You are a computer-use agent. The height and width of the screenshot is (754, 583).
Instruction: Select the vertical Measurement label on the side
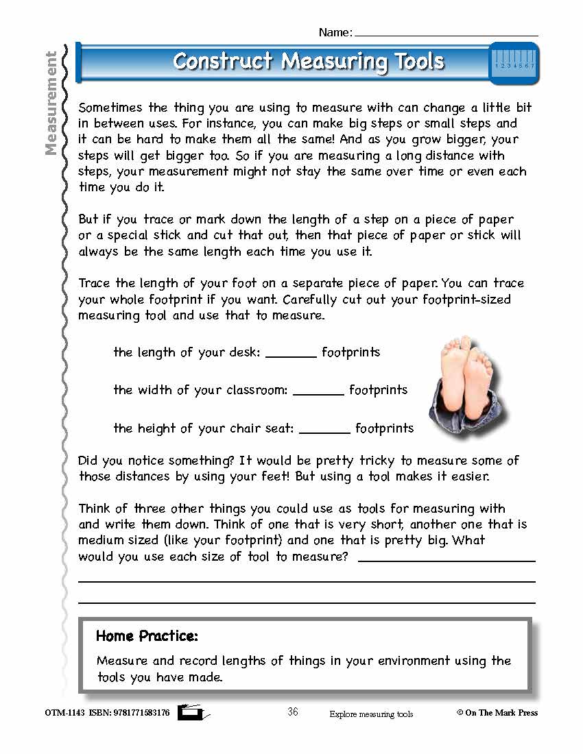click(x=51, y=104)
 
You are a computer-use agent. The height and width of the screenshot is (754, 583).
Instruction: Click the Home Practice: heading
click(x=147, y=636)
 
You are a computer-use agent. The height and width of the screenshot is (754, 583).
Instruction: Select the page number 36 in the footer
click(x=293, y=712)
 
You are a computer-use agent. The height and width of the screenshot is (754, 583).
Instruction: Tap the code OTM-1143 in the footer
click(x=64, y=713)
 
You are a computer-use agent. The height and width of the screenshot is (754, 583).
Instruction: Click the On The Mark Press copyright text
click(x=497, y=713)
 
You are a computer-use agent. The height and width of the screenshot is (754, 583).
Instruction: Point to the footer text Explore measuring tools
click(x=371, y=714)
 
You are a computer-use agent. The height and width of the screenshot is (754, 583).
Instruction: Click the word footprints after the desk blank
click(x=350, y=352)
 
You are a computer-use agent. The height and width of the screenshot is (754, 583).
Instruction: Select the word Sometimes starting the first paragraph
click(x=112, y=108)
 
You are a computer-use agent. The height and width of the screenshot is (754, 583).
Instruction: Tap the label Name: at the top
click(x=335, y=32)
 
